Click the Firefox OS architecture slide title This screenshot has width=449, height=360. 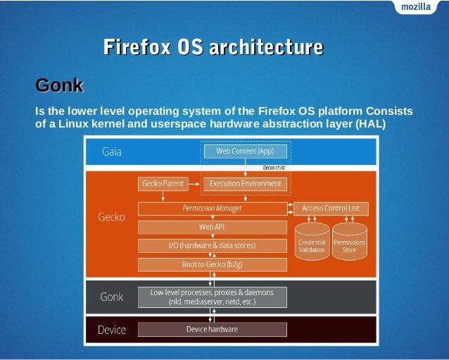tap(213, 47)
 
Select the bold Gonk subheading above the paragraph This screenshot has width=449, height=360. tap(59, 86)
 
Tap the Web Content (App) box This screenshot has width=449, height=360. tap(245, 151)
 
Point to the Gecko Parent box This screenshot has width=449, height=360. tap(163, 184)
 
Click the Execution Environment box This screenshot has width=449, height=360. tap(245, 184)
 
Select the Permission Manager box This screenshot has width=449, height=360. tap(212, 209)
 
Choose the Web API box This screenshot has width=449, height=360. tap(212, 227)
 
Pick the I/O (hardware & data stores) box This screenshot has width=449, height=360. tap(212, 245)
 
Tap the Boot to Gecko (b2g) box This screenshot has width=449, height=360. tap(212, 264)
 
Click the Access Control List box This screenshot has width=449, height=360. tap(330, 209)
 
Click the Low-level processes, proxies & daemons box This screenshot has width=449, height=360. tap(212, 297)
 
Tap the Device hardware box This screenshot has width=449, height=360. tap(212, 329)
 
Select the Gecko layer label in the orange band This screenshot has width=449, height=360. tap(111, 217)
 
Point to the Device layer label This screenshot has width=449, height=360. tap(111, 329)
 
